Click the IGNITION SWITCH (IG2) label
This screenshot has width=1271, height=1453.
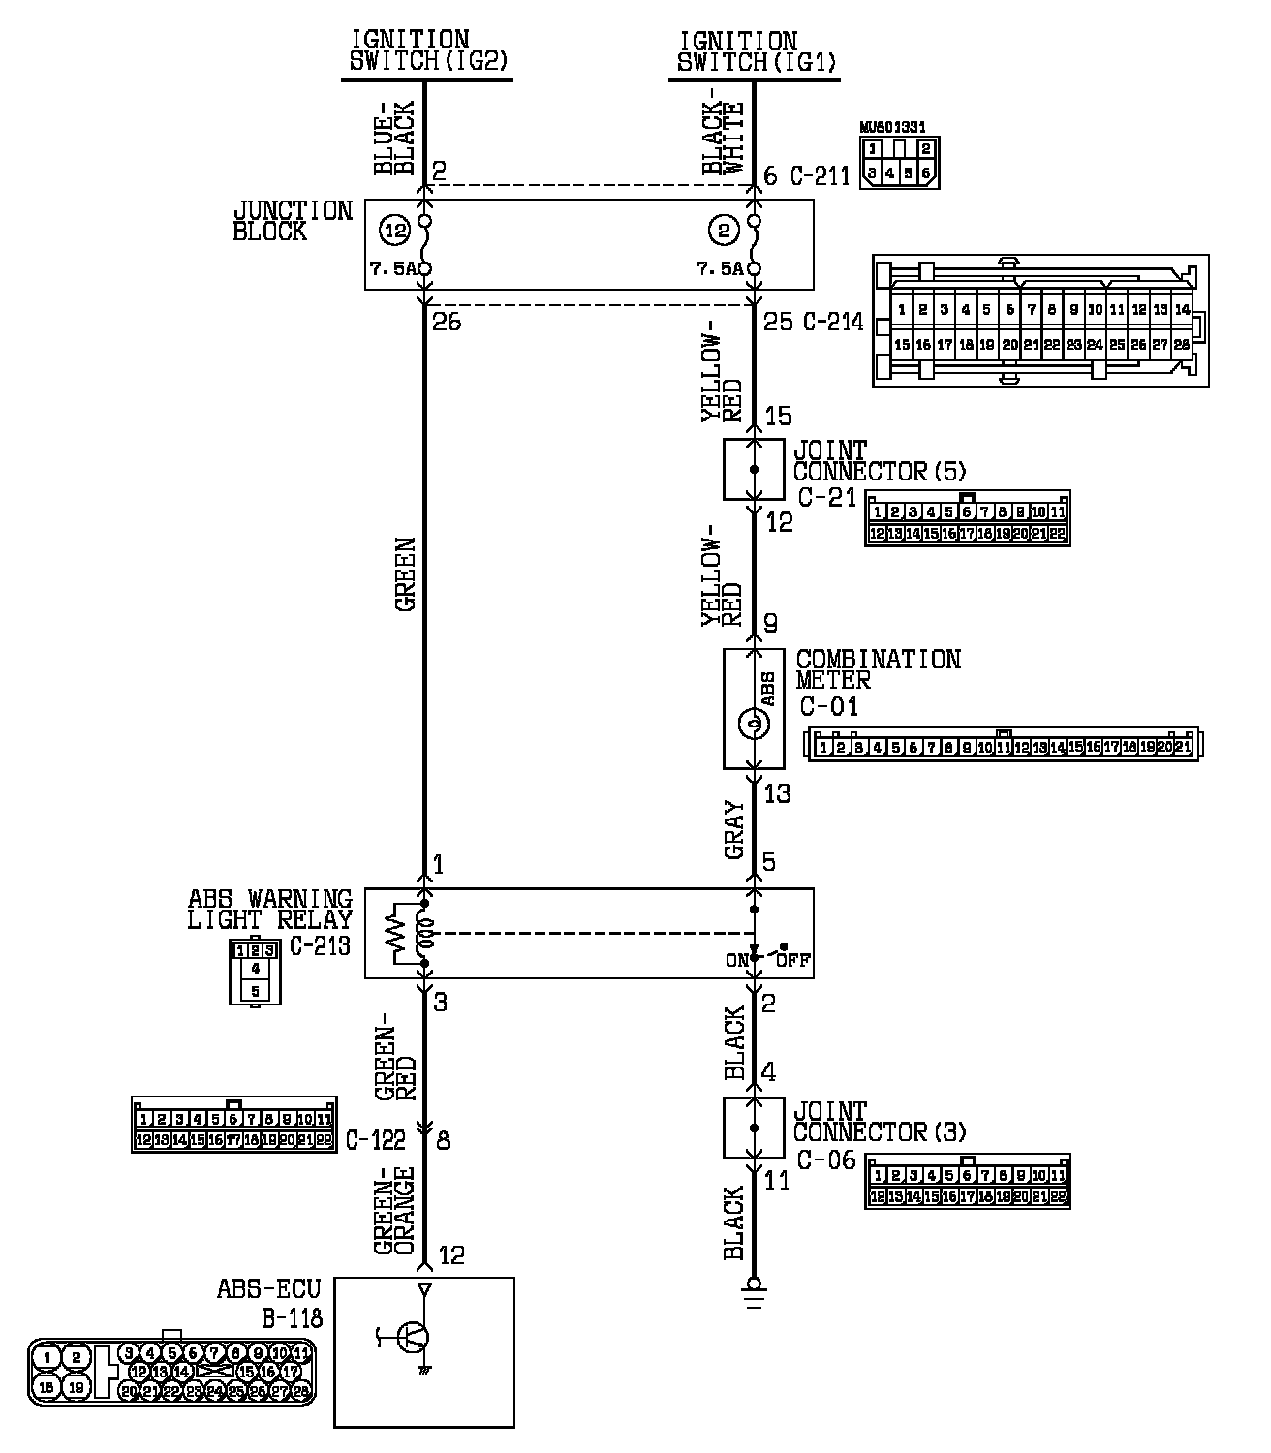tap(427, 51)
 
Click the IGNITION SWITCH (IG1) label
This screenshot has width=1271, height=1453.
tap(757, 51)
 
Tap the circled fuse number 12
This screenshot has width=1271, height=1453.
tap(394, 232)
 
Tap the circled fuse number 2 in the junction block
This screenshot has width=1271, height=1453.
tap(724, 232)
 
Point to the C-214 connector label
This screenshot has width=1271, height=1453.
tap(833, 323)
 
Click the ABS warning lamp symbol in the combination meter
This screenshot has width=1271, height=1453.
tap(754, 723)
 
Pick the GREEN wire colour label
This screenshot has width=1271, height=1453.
tap(406, 574)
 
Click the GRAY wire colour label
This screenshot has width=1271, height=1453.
tap(734, 830)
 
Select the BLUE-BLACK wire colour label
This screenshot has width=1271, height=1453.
tap(395, 138)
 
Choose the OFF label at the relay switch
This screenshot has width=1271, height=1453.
tap(797, 962)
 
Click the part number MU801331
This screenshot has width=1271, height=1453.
tap(892, 127)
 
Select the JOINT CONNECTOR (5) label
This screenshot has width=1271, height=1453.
tap(879, 461)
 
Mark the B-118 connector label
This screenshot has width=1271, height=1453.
tap(292, 1318)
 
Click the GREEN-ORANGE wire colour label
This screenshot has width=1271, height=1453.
tap(395, 1211)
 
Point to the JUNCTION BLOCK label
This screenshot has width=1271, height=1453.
tap(292, 221)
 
